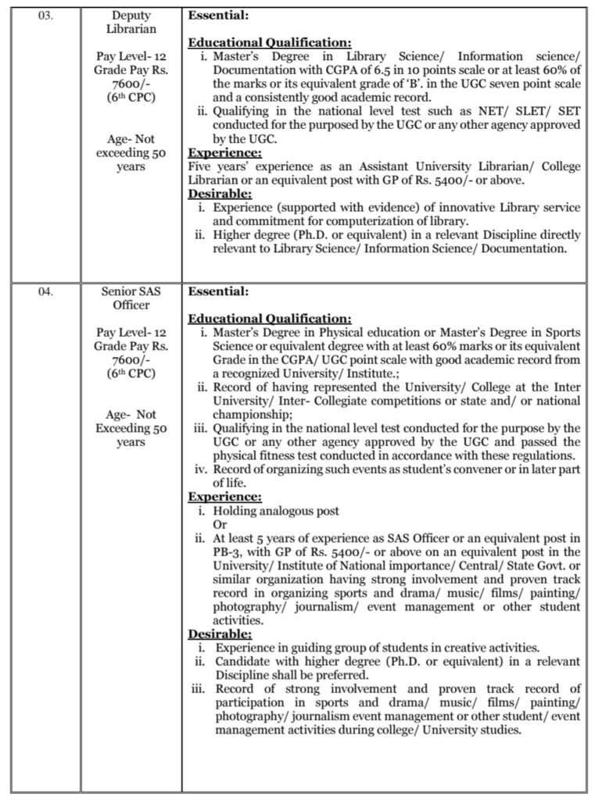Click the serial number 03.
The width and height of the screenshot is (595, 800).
[45, 16]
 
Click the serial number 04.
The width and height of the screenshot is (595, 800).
[45, 291]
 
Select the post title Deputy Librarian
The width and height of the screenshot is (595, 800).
[131, 22]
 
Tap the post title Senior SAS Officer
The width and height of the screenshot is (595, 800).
[131, 298]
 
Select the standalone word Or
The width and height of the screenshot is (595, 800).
[220, 525]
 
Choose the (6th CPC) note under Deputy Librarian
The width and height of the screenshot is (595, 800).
[131, 98]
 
